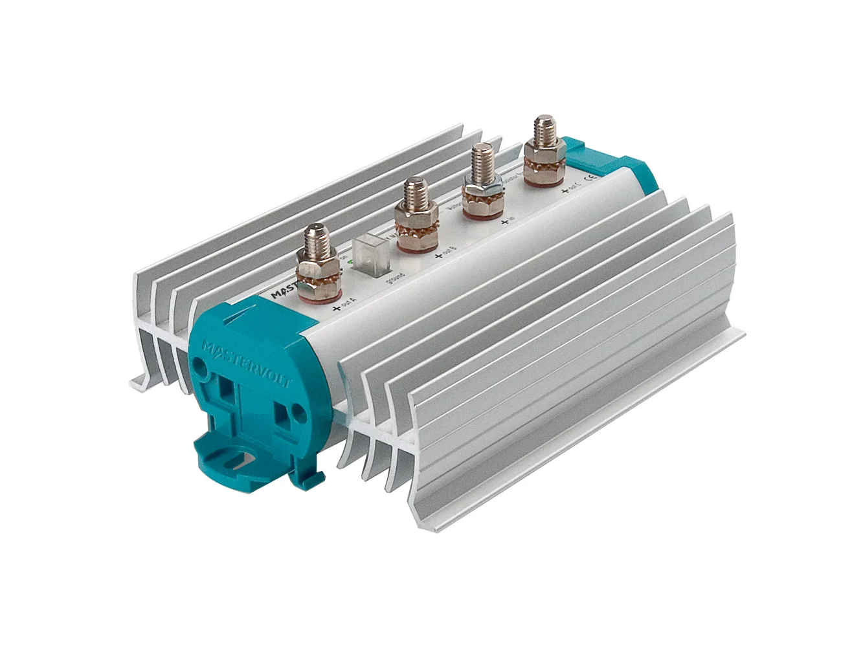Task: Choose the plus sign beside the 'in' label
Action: click(x=504, y=223)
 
